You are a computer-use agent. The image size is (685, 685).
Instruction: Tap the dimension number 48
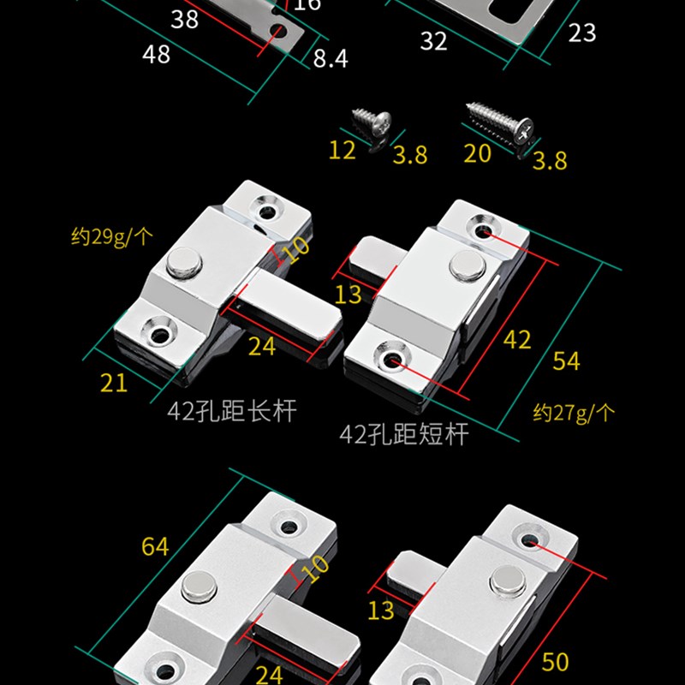pyautogui.click(x=157, y=53)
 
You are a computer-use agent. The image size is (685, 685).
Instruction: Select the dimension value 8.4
pyautogui.click(x=330, y=58)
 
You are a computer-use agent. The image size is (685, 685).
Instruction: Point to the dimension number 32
pyautogui.click(x=433, y=40)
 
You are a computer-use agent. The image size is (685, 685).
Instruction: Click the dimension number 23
pyautogui.click(x=581, y=33)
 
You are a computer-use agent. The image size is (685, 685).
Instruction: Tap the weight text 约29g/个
pyautogui.click(x=110, y=235)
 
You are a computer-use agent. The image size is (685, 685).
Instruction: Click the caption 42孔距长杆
pyautogui.click(x=232, y=410)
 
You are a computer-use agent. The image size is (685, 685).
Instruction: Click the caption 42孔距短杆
pyautogui.click(x=404, y=434)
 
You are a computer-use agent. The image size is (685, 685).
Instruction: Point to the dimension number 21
pyautogui.click(x=114, y=382)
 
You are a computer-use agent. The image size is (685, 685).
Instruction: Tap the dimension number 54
pyautogui.click(x=566, y=360)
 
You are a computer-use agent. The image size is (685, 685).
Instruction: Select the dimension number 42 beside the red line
pyautogui.click(x=516, y=339)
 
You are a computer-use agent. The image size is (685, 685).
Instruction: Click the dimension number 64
pyautogui.click(x=155, y=545)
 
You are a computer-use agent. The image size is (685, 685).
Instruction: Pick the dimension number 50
pyautogui.click(x=556, y=661)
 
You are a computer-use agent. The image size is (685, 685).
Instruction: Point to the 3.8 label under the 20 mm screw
pyautogui.click(x=549, y=159)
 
